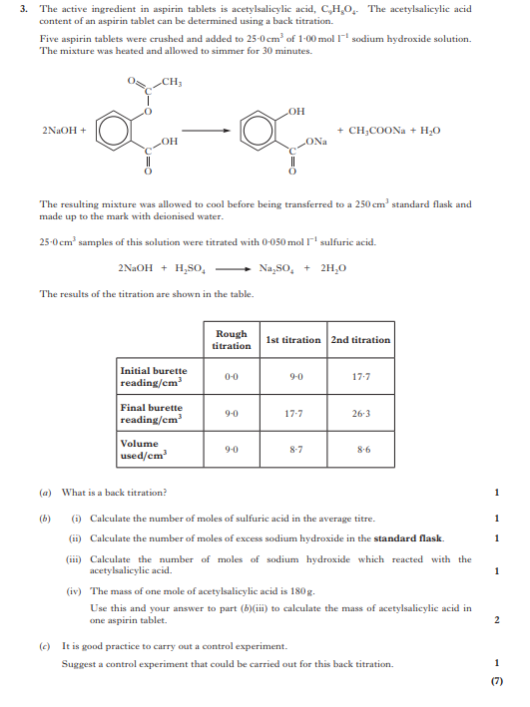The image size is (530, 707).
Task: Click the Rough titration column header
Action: (232, 340)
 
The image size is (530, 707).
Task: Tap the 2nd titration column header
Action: (360, 340)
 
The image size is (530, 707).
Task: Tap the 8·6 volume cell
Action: (360, 450)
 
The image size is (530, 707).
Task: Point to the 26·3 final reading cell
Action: (360, 413)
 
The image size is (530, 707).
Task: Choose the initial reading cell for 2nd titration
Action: (360, 377)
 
